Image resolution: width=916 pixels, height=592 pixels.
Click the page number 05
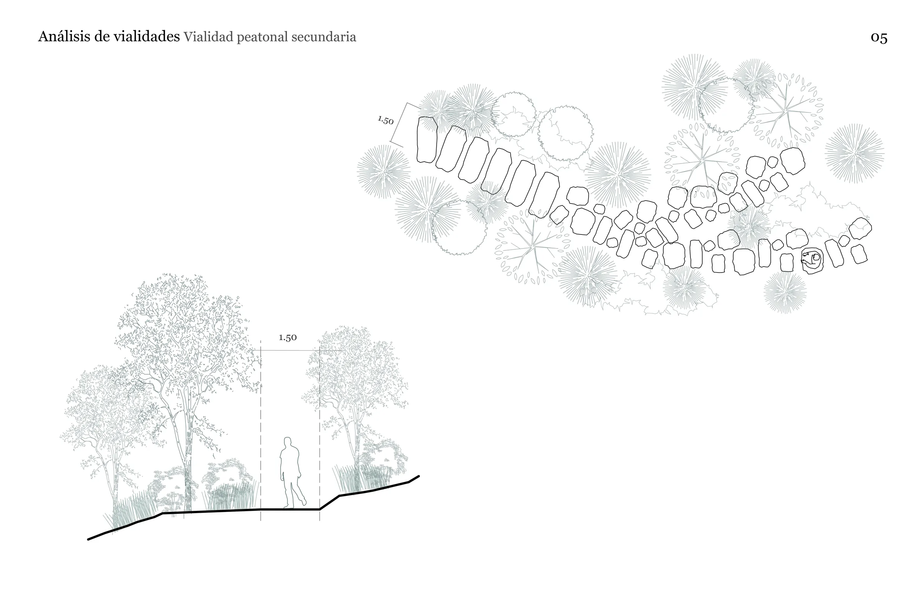pyautogui.click(x=879, y=37)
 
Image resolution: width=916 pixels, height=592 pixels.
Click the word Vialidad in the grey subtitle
pyautogui.click(x=209, y=37)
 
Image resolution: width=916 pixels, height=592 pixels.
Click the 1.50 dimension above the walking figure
pyautogui.click(x=288, y=337)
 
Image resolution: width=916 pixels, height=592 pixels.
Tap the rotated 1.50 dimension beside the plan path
pyautogui.click(x=385, y=120)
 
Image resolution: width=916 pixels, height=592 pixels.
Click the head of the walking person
pyautogui.click(x=287, y=442)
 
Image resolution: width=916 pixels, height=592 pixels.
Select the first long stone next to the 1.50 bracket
pyautogui.click(x=427, y=140)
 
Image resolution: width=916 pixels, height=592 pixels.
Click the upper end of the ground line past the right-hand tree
pyautogui.click(x=419, y=476)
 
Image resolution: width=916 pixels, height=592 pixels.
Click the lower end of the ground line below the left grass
pyautogui.click(x=89, y=539)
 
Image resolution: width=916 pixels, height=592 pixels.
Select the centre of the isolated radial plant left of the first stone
pyautogui.click(x=384, y=172)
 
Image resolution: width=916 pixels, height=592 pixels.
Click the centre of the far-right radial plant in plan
pyautogui.click(x=855, y=153)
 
